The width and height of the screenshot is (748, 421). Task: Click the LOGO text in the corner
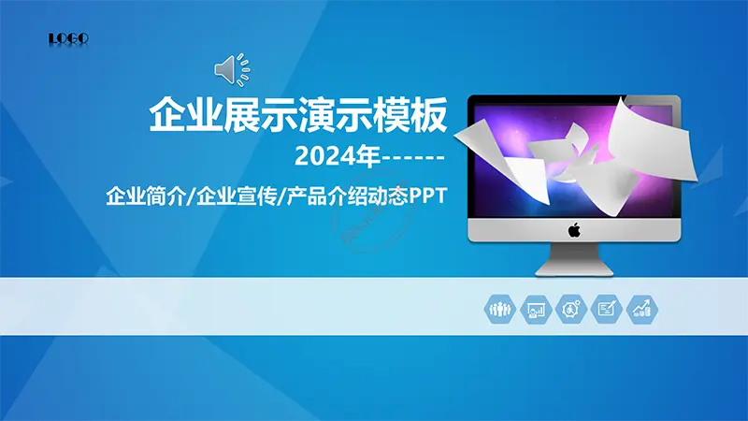coord(68,38)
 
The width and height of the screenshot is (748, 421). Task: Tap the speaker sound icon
coord(232,69)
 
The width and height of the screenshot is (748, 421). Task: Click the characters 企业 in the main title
coord(186,115)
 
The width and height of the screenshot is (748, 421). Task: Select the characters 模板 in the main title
coord(410,115)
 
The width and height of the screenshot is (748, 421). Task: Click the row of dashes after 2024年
coord(413,157)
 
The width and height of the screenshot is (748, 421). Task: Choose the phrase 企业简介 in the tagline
coord(145,196)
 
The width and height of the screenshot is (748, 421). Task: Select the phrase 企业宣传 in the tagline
coord(237,196)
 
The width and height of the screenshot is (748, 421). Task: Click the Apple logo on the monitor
coord(574,230)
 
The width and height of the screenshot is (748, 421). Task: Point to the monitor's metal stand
coord(574,260)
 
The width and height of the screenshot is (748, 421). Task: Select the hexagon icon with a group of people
coord(500,310)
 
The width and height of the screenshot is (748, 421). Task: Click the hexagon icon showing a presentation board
coord(536,310)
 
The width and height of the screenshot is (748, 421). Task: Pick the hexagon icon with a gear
coord(571,310)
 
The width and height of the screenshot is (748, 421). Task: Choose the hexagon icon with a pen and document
coord(606,310)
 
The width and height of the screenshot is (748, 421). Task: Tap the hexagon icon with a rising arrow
coord(642,310)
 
